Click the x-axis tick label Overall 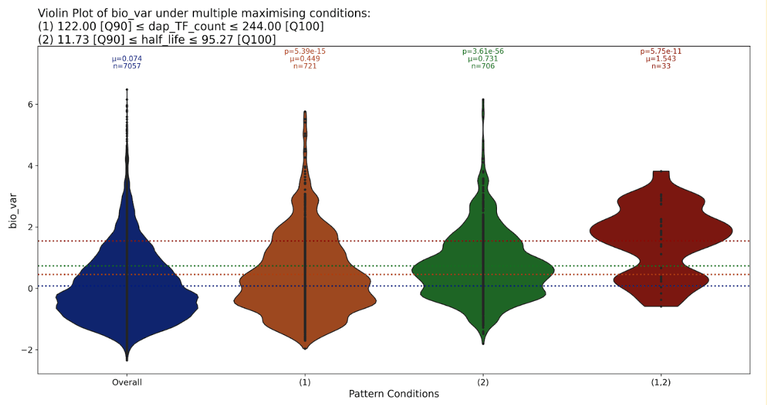pos(127,383)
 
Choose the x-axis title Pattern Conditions pos(394,394)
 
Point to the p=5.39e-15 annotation pos(305,51)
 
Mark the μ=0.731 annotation pos(483,59)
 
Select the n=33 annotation pos(661,66)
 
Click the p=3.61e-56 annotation pos(483,51)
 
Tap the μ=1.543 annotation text pos(661,59)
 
